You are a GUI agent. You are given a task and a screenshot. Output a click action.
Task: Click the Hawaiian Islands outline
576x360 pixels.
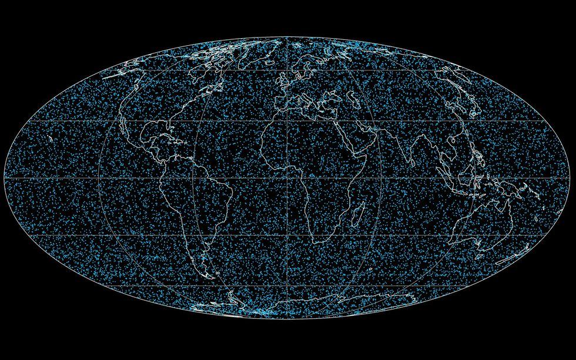tap(52, 140)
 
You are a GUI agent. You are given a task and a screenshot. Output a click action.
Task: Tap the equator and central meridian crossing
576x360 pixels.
tap(287, 177)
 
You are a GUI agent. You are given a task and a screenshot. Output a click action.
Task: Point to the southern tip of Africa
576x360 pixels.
tap(318, 240)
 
